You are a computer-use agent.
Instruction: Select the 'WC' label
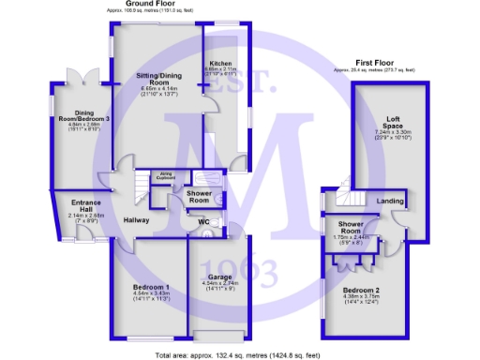point(198,222)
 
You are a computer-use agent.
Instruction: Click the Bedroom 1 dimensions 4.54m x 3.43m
point(150,296)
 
